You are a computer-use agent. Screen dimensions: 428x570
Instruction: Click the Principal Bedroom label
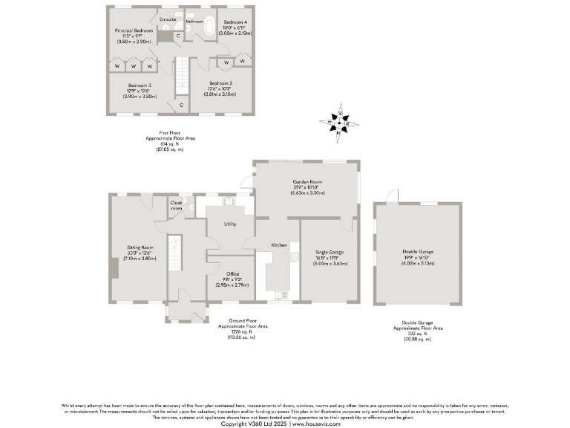[x=134, y=30]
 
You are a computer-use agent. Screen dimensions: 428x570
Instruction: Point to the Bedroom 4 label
[x=235, y=22]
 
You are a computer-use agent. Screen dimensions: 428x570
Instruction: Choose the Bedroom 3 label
[x=139, y=85]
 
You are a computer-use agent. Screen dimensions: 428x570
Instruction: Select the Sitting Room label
[x=140, y=246]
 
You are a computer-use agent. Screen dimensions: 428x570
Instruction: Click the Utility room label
[x=230, y=223]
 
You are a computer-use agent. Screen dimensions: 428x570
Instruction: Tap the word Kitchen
[x=279, y=244]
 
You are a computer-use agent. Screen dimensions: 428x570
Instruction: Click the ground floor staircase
[x=175, y=254]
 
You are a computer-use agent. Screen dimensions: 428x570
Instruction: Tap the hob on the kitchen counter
[x=295, y=258]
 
